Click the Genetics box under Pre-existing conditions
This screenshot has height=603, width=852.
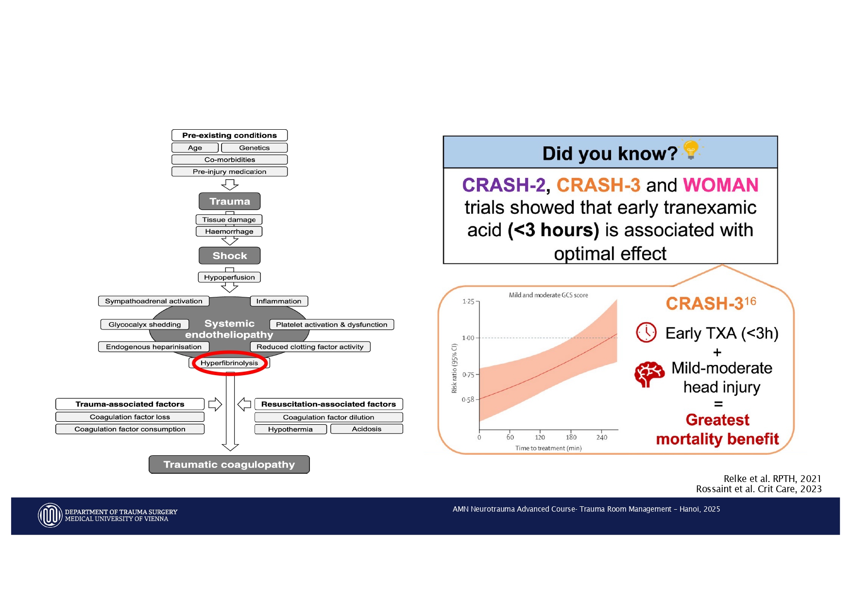tap(254, 148)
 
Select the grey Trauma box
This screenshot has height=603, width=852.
tap(230, 201)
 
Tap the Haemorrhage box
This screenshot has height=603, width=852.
tap(229, 231)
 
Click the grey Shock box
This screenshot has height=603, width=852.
tap(230, 256)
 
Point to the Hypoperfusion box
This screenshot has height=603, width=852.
tap(229, 277)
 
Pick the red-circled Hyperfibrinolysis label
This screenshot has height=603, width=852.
tap(229, 363)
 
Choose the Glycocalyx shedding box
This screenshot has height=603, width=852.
tap(145, 325)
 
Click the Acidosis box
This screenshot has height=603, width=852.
tap(367, 429)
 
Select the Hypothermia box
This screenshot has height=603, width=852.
tap(290, 429)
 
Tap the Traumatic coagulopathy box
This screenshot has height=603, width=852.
tap(229, 465)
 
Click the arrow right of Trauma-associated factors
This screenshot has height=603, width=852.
tap(215, 404)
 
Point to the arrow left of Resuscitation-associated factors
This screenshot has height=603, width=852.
tap(244, 404)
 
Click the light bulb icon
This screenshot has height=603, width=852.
tap(691, 149)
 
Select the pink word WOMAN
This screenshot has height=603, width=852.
tap(721, 185)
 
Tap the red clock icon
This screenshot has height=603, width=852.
tap(647, 332)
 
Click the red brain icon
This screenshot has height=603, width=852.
tap(649, 374)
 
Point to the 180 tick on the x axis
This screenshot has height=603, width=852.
tap(571, 437)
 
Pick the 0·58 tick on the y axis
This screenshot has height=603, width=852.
tap(468, 399)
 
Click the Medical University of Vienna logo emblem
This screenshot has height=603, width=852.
tap(50, 516)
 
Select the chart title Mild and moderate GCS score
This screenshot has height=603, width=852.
tap(548, 295)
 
